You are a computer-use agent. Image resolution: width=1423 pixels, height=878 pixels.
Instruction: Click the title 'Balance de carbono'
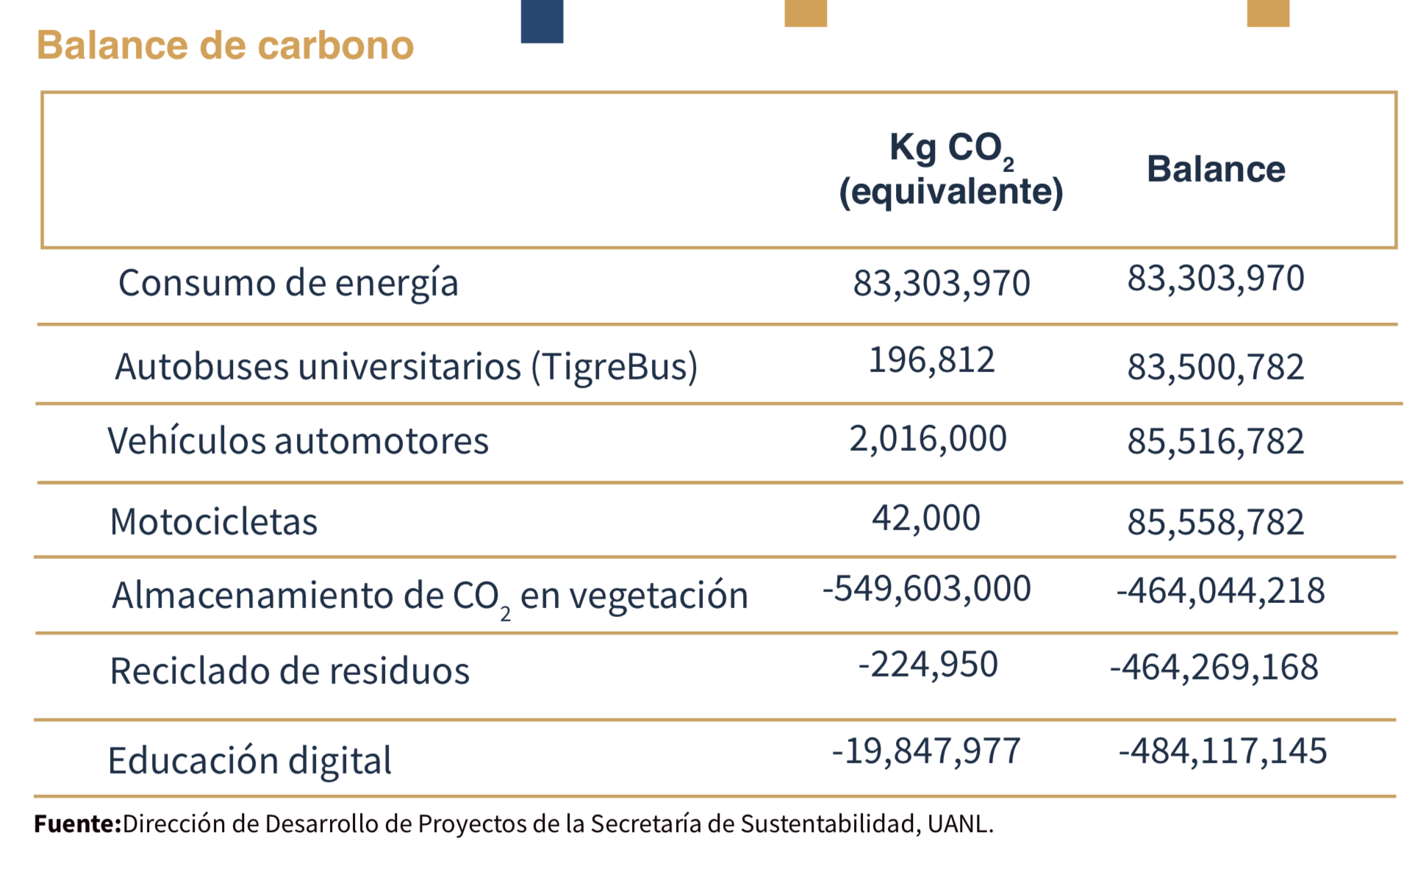pos(225,46)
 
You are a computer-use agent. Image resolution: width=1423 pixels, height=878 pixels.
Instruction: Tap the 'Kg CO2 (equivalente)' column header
pos(950,170)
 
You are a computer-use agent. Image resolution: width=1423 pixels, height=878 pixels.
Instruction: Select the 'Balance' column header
pos(1216,170)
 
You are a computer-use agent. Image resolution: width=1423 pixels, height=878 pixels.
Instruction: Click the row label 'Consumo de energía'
pos(288,283)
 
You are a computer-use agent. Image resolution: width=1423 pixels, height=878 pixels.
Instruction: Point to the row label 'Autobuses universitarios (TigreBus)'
pos(406,366)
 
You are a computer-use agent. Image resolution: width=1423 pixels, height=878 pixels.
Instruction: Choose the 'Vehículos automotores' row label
pos(298,441)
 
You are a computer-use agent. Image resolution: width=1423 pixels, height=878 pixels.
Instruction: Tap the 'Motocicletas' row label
pos(213,522)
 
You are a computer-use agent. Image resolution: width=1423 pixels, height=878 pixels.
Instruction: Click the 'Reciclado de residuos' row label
pos(290,671)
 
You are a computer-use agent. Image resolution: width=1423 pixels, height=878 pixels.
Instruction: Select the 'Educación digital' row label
pos(249,760)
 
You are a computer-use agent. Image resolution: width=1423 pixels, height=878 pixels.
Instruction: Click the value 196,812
pos(931,360)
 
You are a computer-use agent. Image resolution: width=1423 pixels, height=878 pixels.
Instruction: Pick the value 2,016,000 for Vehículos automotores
pos(928,439)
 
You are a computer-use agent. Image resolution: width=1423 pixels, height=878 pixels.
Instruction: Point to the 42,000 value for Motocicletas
pos(925,518)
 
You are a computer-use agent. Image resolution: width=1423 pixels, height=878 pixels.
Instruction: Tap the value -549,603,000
pos(926,589)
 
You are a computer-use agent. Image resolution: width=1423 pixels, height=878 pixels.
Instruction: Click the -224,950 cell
pos(928,665)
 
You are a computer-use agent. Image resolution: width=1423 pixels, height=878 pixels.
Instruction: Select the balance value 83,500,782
pos(1216,367)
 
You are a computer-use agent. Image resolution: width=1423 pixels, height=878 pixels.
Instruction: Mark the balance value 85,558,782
pos(1216,522)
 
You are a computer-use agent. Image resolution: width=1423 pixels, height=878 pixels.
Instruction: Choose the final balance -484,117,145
pos(1222,752)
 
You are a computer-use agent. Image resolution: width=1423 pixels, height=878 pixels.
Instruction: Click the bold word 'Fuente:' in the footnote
pos(77,824)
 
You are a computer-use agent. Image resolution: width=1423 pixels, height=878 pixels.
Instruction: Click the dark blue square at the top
pos(542,21)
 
